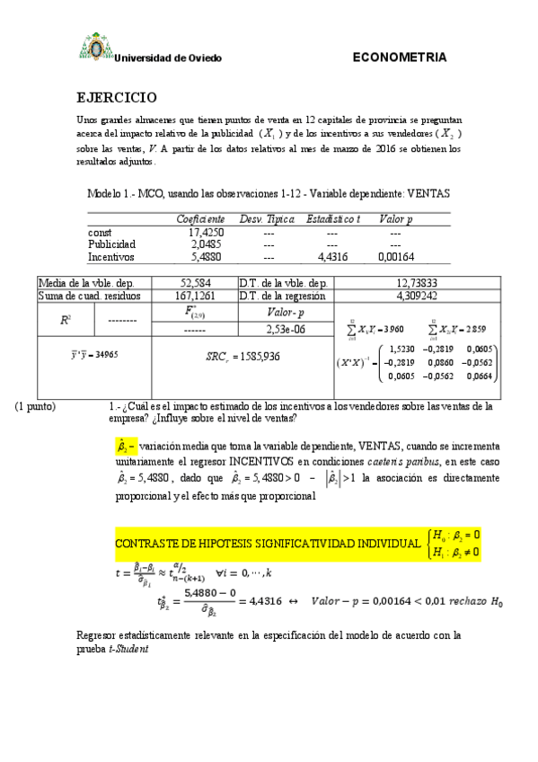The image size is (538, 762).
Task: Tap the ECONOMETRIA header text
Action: pos(400,58)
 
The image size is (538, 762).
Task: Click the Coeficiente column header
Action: pos(200,219)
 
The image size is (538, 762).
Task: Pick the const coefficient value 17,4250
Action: pos(207,232)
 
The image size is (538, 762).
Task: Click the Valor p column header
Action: pos(396,219)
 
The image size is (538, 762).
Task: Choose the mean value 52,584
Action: pos(195,282)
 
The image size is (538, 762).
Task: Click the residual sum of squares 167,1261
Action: pos(195,295)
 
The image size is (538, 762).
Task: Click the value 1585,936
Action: pos(253,356)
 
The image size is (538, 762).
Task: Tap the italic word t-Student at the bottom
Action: pos(128,649)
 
